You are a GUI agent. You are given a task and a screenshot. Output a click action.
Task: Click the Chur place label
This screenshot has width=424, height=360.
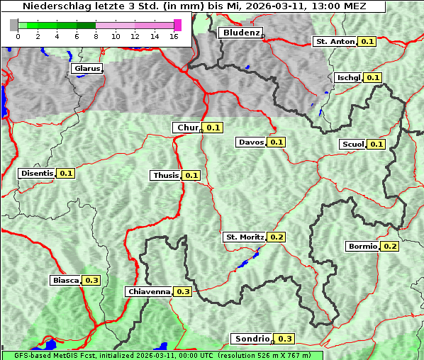click(x=187, y=128)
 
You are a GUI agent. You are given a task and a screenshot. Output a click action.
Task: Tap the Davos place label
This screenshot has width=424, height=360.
click(x=251, y=142)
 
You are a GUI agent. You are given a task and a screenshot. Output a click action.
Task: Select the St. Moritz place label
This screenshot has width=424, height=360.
click(x=245, y=237)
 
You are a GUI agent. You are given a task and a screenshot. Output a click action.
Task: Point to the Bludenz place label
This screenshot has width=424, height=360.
click(x=240, y=33)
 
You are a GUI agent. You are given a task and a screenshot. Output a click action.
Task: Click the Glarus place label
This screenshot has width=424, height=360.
click(x=87, y=69)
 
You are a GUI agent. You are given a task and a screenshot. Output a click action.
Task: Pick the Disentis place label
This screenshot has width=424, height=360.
click(x=38, y=173)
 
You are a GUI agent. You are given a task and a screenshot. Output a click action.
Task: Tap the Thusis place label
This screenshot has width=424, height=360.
click(x=166, y=175)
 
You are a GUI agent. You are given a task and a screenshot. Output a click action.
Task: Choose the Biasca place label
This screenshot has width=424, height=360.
click(x=66, y=280)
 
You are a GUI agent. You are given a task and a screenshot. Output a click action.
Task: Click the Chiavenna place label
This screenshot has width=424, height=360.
click(x=149, y=291)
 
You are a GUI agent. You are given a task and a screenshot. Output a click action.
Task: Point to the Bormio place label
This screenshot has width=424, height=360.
click(x=362, y=247)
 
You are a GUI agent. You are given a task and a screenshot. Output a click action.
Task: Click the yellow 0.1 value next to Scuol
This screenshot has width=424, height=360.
click(x=376, y=145)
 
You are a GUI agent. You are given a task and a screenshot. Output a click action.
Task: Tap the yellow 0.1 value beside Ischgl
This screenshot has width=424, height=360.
click(x=373, y=77)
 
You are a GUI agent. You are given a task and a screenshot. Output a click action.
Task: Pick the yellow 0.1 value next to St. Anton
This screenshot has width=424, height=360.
click(x=367, y=42)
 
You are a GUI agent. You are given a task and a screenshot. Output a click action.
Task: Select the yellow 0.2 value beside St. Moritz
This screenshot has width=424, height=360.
click(x=277, y=237)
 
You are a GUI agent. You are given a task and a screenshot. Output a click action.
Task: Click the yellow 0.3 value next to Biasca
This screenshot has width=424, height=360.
click(x=91, y=280)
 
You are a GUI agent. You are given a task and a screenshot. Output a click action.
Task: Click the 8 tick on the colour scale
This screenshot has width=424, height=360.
click(x=96, y=36)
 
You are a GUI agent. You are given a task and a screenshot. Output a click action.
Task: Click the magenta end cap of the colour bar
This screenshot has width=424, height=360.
click(x=177, y=25)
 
